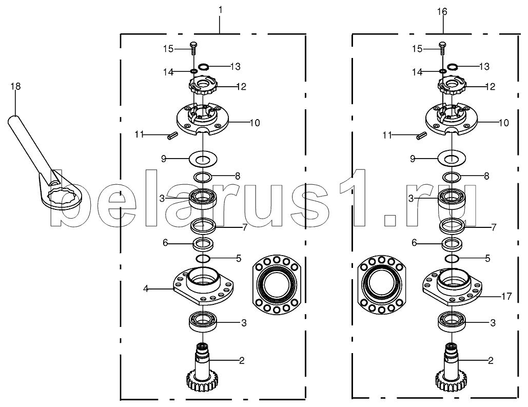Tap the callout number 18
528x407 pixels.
coord(15,87)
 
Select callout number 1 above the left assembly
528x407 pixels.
coord(220,10)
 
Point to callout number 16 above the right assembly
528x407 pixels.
coord(442,12)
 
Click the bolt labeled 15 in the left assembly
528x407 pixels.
coord(193,49)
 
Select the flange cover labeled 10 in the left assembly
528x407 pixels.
coord(203,119)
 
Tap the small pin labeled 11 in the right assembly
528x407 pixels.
coord(421,135)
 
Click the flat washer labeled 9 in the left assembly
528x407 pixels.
coord(203,159)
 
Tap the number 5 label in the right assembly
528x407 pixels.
coord(487,259)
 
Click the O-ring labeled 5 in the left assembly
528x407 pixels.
coord(203,259)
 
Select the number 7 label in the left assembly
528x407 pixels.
coord(245,227)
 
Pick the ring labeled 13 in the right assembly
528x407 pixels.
coord(452,67)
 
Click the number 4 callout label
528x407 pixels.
coord(146,289)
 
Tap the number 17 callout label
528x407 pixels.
coord(506,297)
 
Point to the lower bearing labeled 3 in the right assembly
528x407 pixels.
coord(452,322)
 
